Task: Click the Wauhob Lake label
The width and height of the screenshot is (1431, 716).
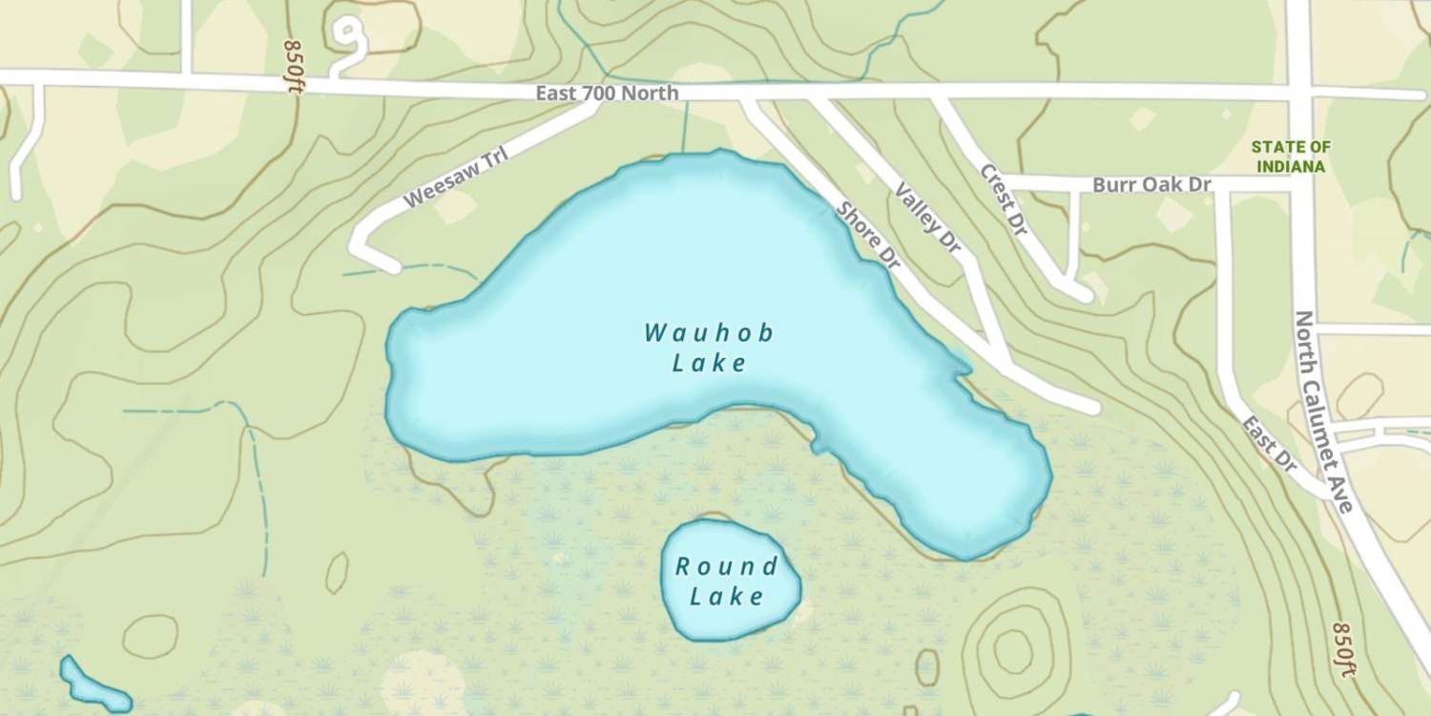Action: click(708, 347)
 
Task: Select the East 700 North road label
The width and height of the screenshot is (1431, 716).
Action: click(607, 94)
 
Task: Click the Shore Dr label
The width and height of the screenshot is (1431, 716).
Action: click(867, 235)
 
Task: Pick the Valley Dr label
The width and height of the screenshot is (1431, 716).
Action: click(927, 218)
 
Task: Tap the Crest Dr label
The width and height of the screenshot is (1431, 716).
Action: click(1003, 200)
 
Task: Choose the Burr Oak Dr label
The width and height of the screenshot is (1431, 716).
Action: click(1151, 184)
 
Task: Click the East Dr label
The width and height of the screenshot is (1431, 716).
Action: click(1270, 444)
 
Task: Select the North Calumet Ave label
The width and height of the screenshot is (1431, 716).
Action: click(1324, 411)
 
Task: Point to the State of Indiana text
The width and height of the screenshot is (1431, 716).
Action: click(1291, 157)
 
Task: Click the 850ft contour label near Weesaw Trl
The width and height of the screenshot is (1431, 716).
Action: click(293, 66)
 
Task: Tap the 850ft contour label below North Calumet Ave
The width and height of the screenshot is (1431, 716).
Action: click(1343, 649)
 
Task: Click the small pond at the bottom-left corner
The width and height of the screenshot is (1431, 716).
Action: click(92, 685)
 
